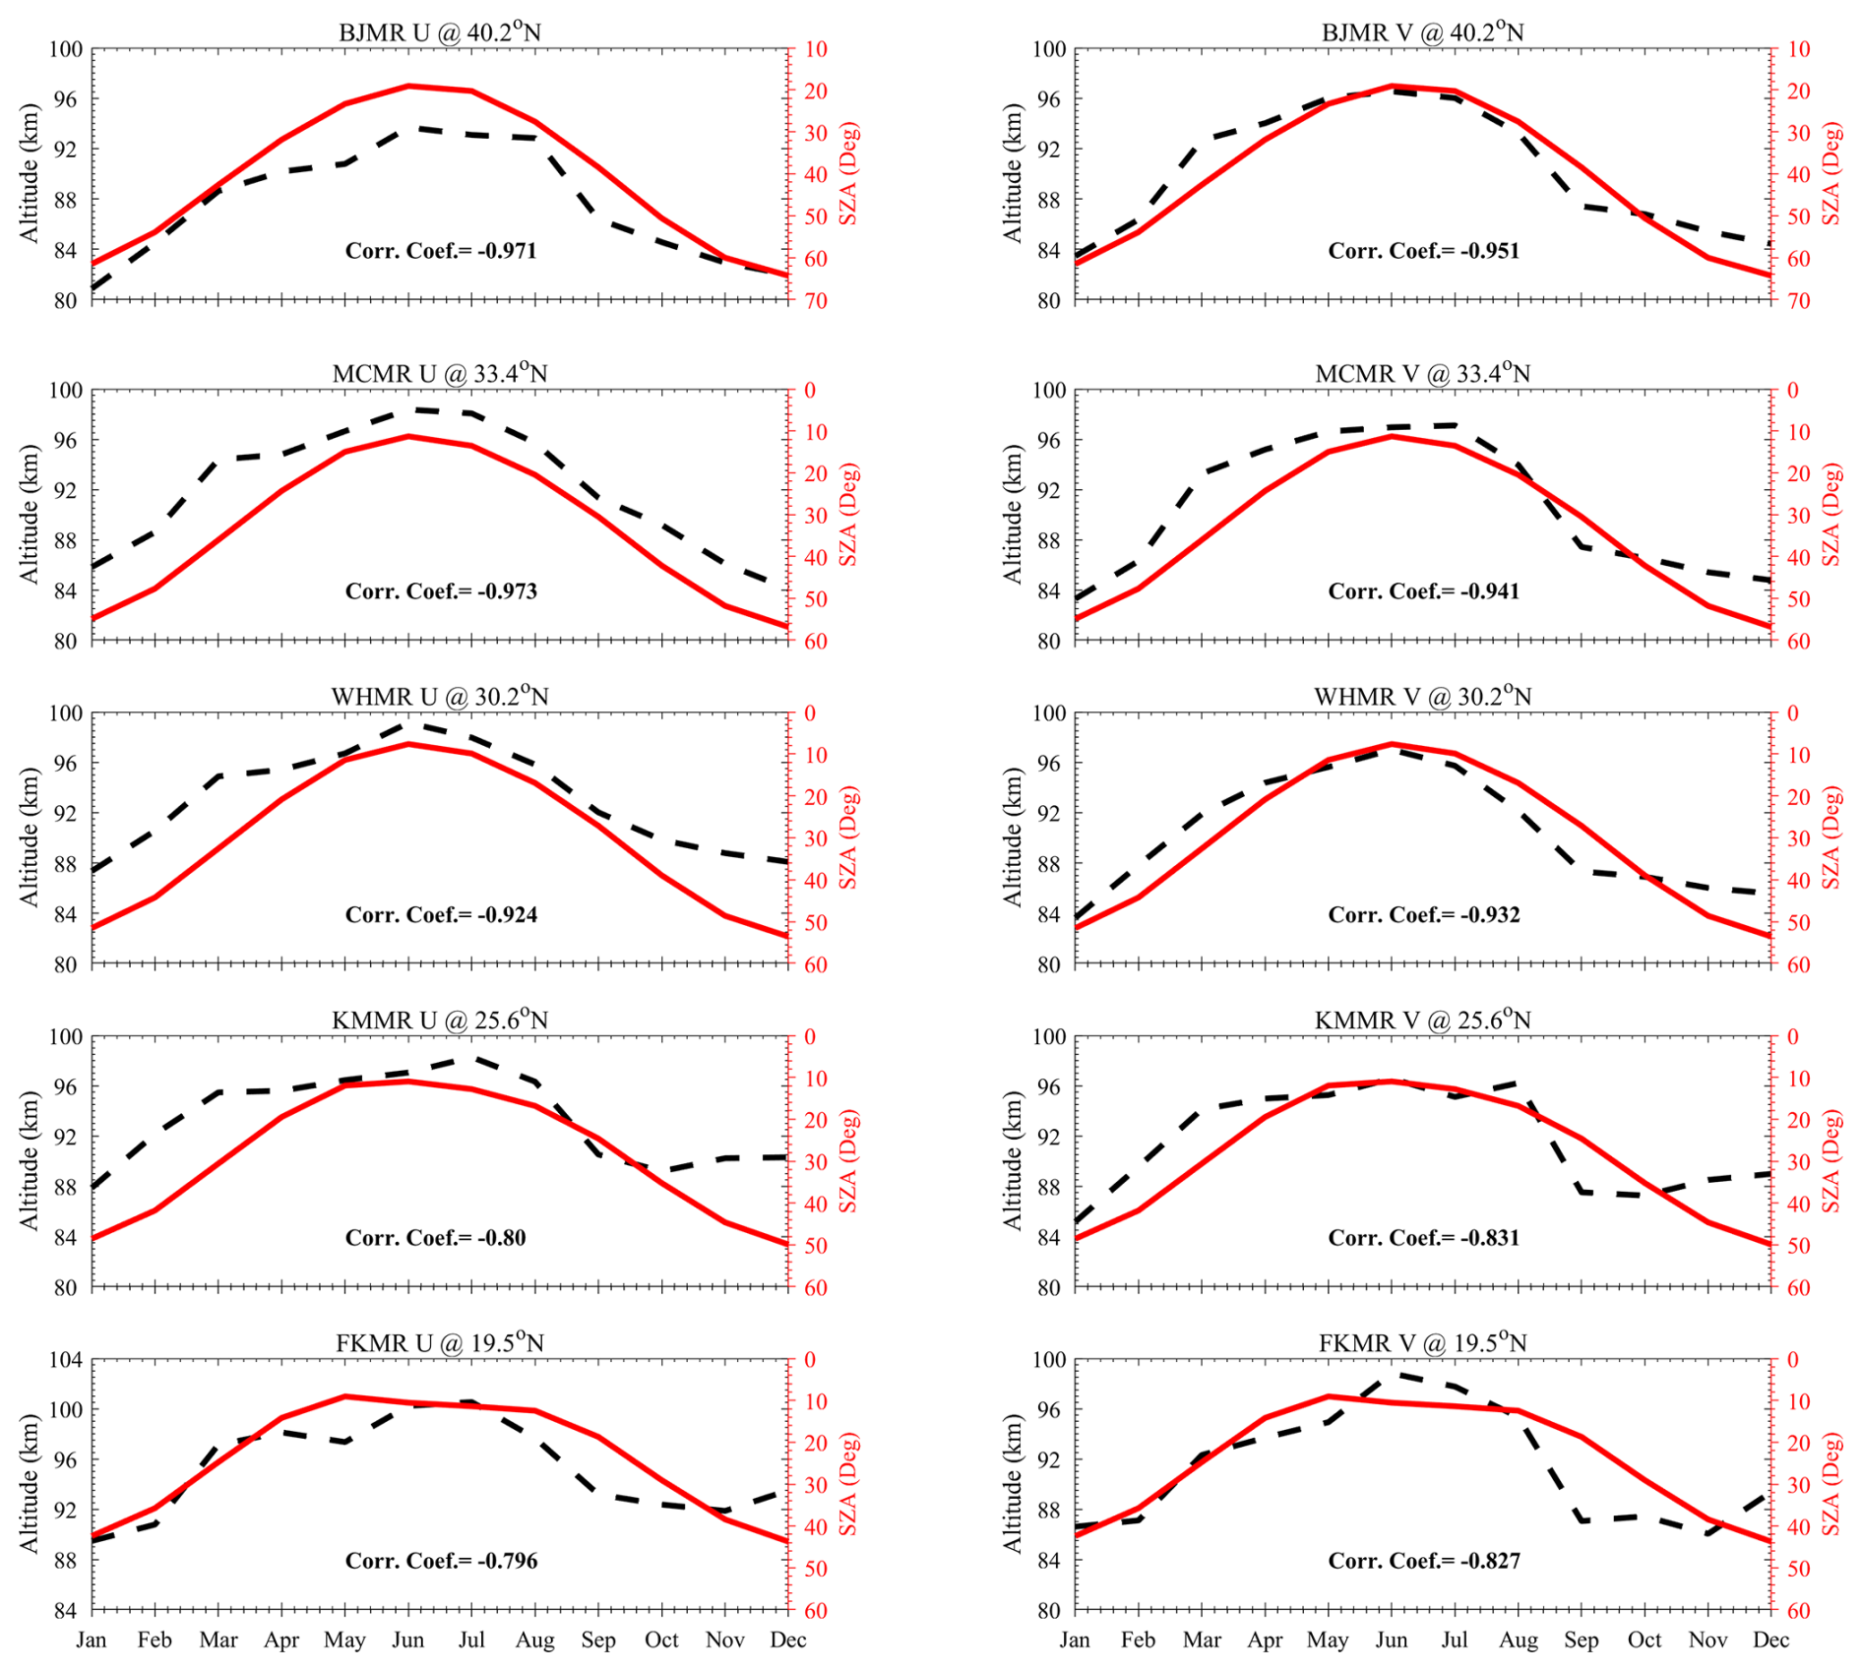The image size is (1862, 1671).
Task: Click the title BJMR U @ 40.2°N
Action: (x=439, y=31)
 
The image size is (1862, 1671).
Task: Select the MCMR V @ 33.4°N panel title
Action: (x=1422, y=373)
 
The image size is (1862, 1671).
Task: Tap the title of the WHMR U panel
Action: (x=439, y=696)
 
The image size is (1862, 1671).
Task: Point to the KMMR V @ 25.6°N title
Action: (x=1422, y=1020)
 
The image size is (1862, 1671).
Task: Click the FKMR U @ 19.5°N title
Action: (x=439, y=1342)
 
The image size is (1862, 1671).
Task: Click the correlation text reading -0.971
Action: (x=441, y=250)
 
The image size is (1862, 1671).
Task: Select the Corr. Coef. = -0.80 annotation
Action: (x=435, y=1237)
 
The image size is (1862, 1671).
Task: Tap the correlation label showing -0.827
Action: (x=1424, y=1560)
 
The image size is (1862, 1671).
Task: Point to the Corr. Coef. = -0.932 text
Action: (x=1424, y=914)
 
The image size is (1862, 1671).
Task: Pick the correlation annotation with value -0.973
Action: (x=441, y=590)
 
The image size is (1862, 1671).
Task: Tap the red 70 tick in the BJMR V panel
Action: (x=1798, y=301)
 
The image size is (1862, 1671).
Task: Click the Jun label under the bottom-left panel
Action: (x=408, y=1640)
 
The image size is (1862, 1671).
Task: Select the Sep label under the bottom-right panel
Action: (x=1582, y=1640)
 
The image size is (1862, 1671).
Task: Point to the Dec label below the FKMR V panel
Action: (x=1771, y=1640)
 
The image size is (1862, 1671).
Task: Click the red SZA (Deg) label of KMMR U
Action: (x=848, y=1161)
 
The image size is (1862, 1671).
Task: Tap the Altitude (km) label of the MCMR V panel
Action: (x=1013, y=515)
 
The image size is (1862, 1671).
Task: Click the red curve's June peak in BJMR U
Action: (x=408, y=86)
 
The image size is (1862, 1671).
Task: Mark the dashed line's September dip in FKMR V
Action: (x=1582, y=1520)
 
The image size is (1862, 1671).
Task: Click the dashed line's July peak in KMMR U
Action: (x=472, y=1059)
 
